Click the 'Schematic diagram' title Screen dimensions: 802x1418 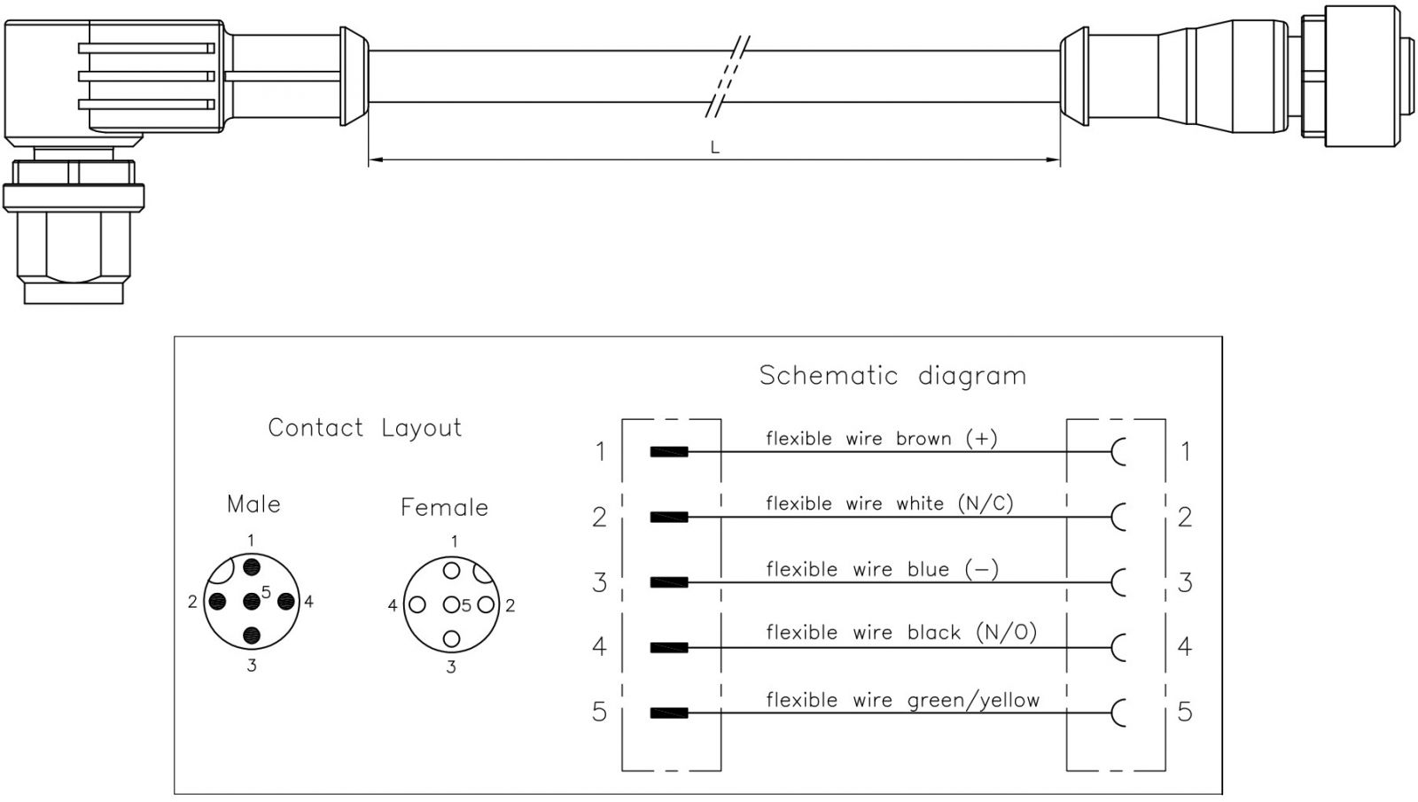coord(892,376)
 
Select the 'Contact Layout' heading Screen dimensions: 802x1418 coord(364,428)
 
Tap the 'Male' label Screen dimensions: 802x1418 coord(253,504)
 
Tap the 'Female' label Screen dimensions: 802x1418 coord(444,508)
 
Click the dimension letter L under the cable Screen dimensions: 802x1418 coord(714,148)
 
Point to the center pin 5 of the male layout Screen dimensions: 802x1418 coord(252,602)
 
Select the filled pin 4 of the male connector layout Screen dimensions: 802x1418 coord(285,602)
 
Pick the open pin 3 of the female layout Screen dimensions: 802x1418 coord(452,638)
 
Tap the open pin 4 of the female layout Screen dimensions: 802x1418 coord(417,605)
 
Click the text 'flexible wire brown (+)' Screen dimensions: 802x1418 coord(881,439)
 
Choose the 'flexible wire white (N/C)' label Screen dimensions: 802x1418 coord(889,504)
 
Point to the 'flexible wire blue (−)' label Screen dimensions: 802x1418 coord(882,569)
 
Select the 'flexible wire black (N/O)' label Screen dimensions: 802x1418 coord(900,633)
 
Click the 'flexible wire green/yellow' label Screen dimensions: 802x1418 coord(902,700)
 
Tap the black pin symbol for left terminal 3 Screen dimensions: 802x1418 coord(668,582)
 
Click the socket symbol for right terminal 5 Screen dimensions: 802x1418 coord(1118,712)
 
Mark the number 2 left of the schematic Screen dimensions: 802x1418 coord(600,517)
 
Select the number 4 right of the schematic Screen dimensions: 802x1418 coord(1185,646)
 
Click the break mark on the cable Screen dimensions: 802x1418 coord(729,77)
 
